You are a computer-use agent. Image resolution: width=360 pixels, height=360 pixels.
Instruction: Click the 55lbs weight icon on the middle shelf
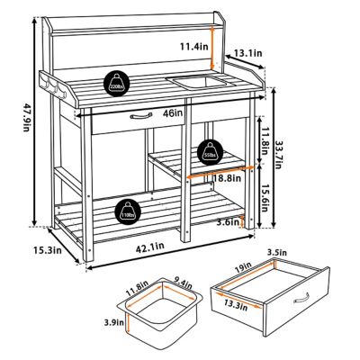pyautogui.click(x=208, y=150)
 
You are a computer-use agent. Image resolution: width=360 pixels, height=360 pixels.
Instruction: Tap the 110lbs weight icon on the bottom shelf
pyautogui.click(x=127, y=212)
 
